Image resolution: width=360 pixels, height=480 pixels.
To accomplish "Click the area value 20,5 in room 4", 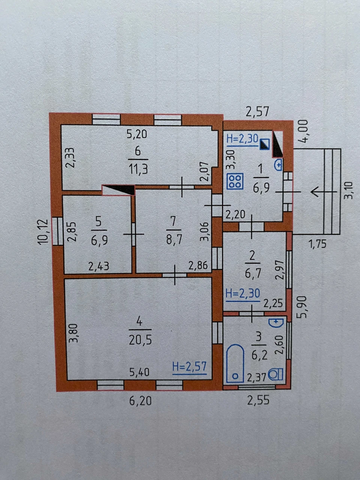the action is [140, 340].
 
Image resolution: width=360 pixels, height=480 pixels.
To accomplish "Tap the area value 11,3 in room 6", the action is [138, 169].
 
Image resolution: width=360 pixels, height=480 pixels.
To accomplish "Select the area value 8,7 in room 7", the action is [174, 240].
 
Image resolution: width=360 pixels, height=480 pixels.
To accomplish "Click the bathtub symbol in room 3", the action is [235, 363].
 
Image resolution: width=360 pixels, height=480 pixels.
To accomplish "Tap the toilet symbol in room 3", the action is [276, 374].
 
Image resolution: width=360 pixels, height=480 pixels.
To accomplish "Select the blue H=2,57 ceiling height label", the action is [189, 367].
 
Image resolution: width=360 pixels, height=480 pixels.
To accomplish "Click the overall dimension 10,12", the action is [43, 232].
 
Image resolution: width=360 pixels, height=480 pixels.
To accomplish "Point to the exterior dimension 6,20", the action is [140, 401].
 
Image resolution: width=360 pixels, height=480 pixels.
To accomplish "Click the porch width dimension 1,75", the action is [317, 244].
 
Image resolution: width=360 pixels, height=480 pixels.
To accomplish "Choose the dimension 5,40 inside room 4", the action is [139, 372].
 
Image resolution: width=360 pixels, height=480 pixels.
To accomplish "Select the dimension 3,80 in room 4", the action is [73, 333].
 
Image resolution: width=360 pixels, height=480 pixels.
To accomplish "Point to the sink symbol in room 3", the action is [276, 323].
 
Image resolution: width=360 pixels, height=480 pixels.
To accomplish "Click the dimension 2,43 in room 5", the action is [99, 266].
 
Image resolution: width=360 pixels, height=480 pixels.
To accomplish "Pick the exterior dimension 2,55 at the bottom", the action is [258, 400].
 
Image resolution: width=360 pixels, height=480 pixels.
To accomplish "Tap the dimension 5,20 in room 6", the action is [137, 133].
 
